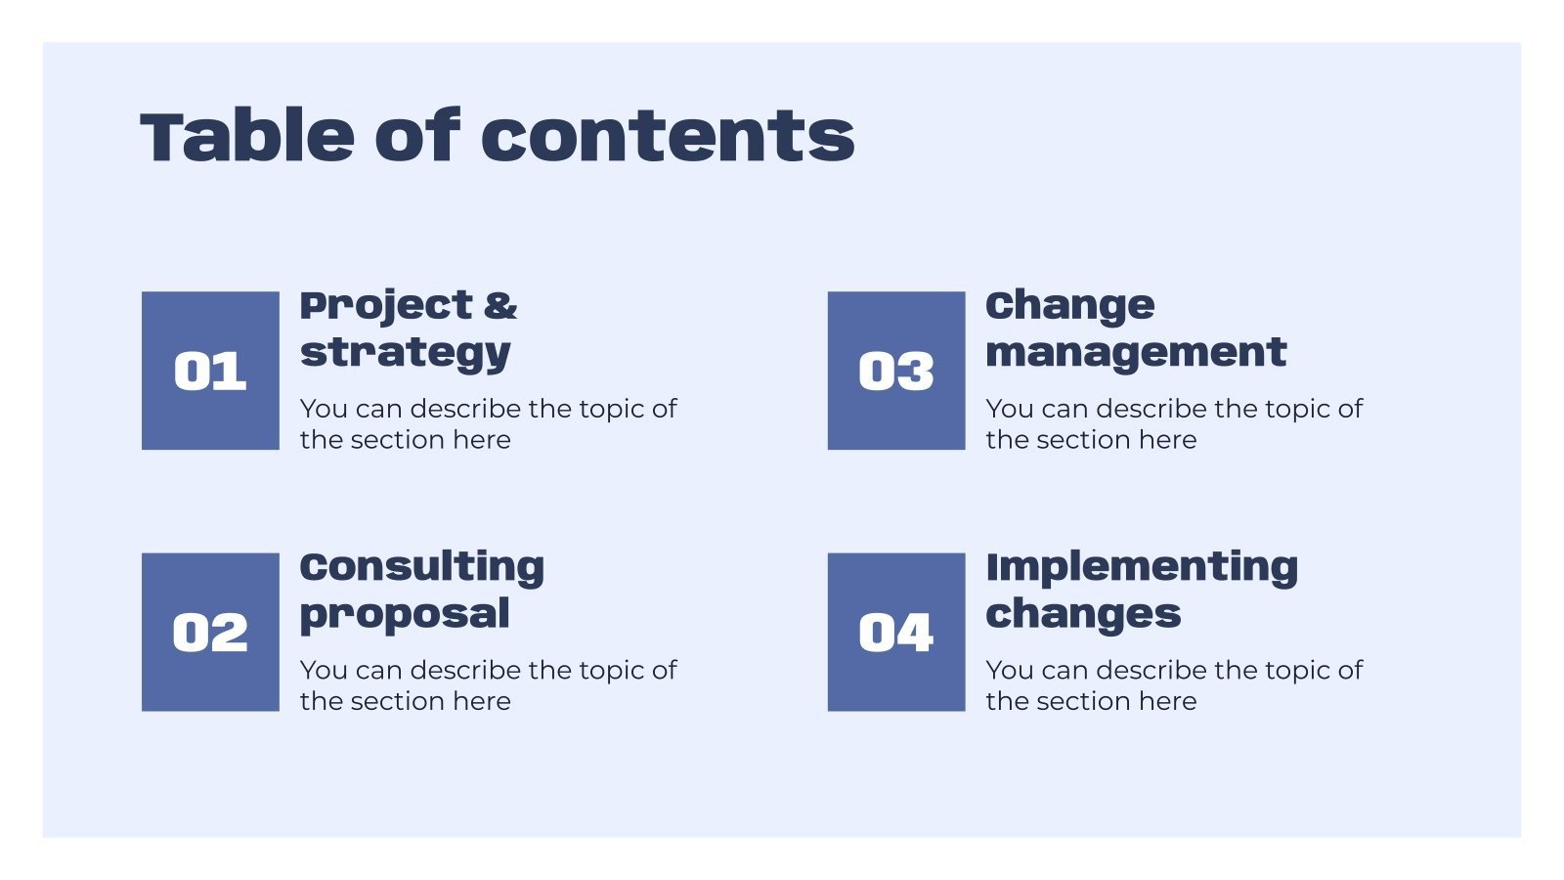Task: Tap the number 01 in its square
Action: coord(210,372)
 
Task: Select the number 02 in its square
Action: coord(210,633)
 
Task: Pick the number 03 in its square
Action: coord(895,372)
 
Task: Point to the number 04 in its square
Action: coord(895,633)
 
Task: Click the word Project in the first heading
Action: coord(385,306)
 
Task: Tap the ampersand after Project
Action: coord(500,306)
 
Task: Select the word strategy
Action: coord(405,353)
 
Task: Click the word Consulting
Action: coord(421,567)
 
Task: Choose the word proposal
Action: coord(405,615)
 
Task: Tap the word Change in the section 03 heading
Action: coord(1069,306)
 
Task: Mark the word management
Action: coord(1136,352)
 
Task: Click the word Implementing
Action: coord(1142,567)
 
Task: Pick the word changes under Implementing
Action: coord(1083,615)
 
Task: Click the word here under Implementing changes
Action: coord(1167,701)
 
